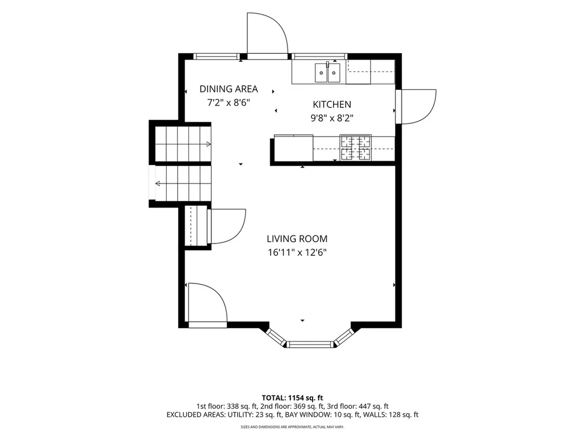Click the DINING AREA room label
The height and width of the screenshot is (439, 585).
coord(229,89)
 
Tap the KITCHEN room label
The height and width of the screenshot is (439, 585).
coord(332,105)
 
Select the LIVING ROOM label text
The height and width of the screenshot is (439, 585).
coord(297,239)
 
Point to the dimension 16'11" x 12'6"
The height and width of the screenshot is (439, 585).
coord(297,253)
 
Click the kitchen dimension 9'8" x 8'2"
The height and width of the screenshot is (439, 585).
coord(332,118)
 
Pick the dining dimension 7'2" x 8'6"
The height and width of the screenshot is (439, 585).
coord(229,103)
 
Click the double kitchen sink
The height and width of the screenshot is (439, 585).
coord(327,73)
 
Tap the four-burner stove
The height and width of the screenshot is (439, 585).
coord(355,147)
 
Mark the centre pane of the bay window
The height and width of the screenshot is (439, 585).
coord(310,344)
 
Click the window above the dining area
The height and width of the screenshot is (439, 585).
coord(217,57)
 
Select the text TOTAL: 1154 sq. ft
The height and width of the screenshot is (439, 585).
coord(292,398)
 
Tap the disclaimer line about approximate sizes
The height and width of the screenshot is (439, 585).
coord(292,426)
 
